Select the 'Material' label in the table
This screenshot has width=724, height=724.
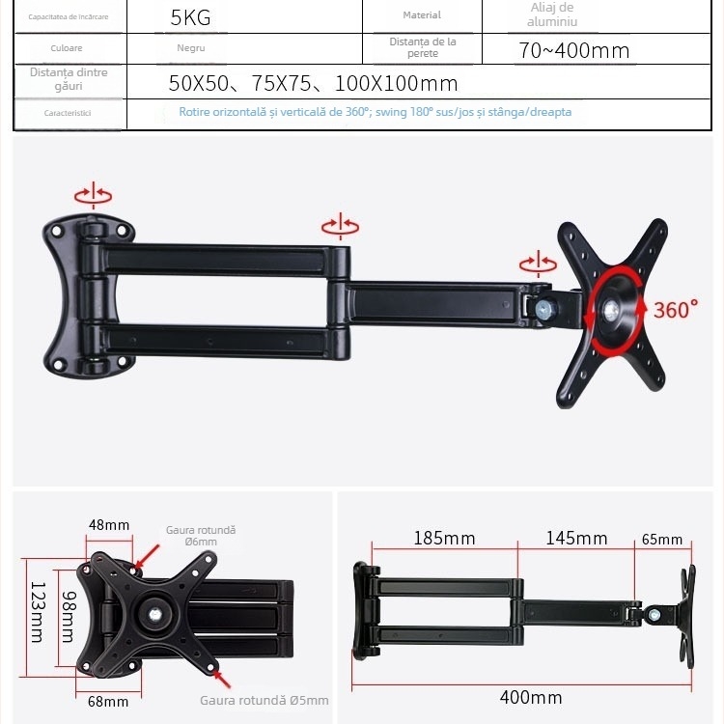coord(422,15)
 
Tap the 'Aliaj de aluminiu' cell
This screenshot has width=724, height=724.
coord(552,14)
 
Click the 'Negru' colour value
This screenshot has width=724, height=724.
coord(190,47)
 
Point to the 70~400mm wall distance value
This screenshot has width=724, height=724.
coord(573,50)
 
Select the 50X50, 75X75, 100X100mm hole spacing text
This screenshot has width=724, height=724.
coord(313,83)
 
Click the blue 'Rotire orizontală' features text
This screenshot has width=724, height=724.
coord(375,112)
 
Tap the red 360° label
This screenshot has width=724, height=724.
coord(675,310)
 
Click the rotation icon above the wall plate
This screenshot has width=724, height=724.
coord(93,193)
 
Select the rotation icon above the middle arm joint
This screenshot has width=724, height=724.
coord(340,227)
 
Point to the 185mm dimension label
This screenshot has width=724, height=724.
coord(444,538)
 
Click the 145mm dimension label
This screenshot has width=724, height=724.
coord(576,538)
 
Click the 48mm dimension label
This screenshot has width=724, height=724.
coord(109,525)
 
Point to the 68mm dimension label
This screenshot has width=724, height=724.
coord(108,701)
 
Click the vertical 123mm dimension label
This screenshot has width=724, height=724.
coord(37,612)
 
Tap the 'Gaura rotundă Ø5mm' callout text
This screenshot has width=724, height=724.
coord(264,701)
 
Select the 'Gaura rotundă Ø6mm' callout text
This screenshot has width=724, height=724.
coord(201,536)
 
